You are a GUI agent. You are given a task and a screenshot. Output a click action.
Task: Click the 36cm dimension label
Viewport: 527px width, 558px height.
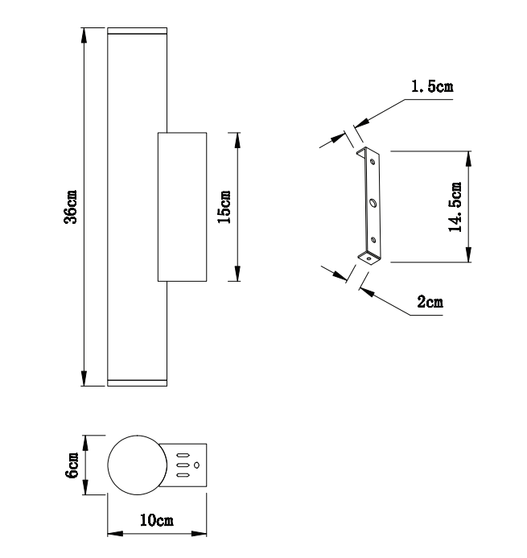coord(71,207)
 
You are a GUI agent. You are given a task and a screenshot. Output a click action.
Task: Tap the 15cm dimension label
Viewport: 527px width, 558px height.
coord(224,207)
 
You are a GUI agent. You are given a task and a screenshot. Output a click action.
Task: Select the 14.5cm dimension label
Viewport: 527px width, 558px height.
coord(455,207)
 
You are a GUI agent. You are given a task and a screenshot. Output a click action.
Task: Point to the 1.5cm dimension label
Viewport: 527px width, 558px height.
coord(432,86)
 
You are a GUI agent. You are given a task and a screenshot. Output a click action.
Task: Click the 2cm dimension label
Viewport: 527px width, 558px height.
coord(430,302)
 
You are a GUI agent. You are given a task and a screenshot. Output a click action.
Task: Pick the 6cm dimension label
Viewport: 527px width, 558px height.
coord(72,465)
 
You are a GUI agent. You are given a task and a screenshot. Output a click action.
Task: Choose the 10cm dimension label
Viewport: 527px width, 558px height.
coord(157,520)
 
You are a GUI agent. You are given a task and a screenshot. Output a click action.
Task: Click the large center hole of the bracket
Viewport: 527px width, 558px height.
coord(373,203)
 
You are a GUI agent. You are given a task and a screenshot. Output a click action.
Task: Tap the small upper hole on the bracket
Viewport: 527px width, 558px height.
coord(373,162)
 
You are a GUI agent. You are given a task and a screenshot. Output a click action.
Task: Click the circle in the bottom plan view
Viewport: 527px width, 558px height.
coord(138,436)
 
